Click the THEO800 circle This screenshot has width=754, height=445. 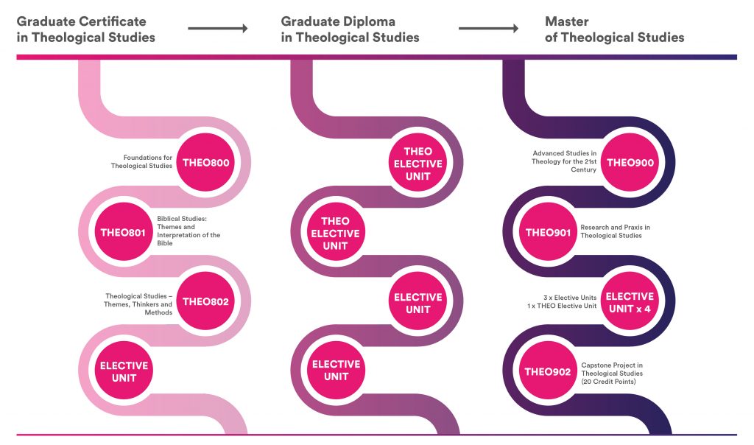(x=206, y=163)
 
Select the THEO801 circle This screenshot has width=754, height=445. (x=123, y=232)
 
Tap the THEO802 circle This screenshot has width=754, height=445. (x=206, y=301)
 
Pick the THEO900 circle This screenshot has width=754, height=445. (x=630, y=163)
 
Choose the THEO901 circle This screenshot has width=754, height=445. (x=548, y=232)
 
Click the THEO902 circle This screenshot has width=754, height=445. (x=548, y=371)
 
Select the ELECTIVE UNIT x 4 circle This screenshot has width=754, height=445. (x=630, y=301)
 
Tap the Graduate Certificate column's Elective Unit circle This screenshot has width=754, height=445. (x=124, y=371)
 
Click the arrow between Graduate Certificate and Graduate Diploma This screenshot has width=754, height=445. (x=218, y=29)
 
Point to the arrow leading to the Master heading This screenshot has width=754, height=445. (x=489, y=29)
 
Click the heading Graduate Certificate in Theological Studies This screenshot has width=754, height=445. (x=85, y=29)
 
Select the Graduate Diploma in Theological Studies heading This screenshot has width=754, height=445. (x=350, y=29)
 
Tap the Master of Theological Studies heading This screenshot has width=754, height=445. (x=615, y=29)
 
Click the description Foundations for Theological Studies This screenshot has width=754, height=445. (x=141, y=161)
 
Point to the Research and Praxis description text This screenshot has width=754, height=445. (x=615, y=231)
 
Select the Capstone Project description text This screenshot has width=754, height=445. (x=612, y=374)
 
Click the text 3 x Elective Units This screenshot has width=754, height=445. (x=570, y=298)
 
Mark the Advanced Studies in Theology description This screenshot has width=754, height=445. (x=564, y=161)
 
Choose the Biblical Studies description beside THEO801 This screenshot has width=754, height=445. (x=188, y=231)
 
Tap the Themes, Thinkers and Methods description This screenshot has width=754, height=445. (x=138, y=304)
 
